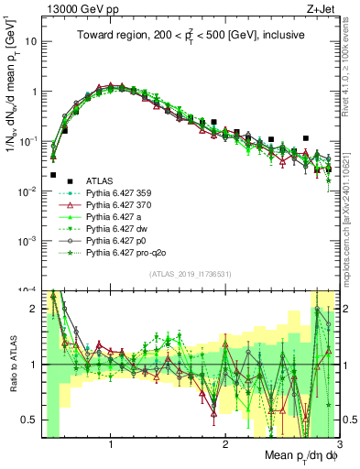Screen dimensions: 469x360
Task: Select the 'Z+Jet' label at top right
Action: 322,7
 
